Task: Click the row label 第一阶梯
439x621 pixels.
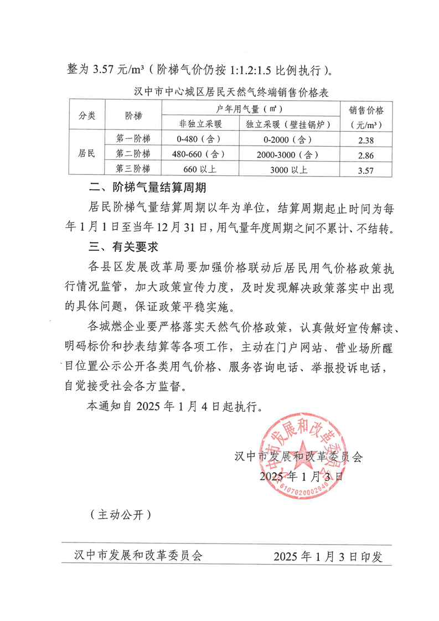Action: point(133,138)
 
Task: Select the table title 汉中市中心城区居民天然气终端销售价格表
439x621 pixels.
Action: point(231,91)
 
